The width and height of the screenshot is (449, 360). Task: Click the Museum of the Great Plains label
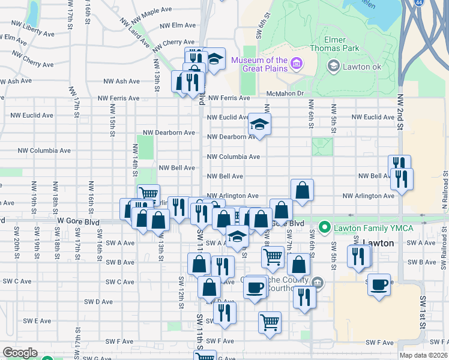point(259,64)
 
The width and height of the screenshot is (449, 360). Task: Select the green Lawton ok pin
point(333,67)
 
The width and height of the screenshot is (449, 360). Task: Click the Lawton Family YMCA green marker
point(325,227)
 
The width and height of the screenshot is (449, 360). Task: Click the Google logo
point(20,352)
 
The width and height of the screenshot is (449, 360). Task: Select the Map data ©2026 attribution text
point(423,355)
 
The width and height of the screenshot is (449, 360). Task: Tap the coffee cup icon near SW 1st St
point(379,284)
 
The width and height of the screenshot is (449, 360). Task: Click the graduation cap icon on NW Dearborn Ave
point(259,124)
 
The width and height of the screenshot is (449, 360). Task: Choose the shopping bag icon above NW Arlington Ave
point(303,190)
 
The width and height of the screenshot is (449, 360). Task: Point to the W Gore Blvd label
point(78,221)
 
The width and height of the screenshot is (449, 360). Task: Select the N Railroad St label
point(445,192)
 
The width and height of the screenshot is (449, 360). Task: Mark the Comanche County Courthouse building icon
point(318,281)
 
